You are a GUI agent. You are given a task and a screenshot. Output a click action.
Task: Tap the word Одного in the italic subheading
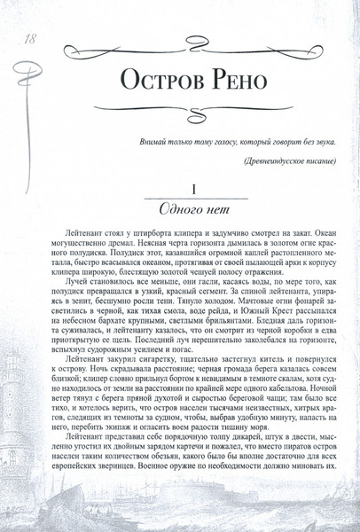174,212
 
